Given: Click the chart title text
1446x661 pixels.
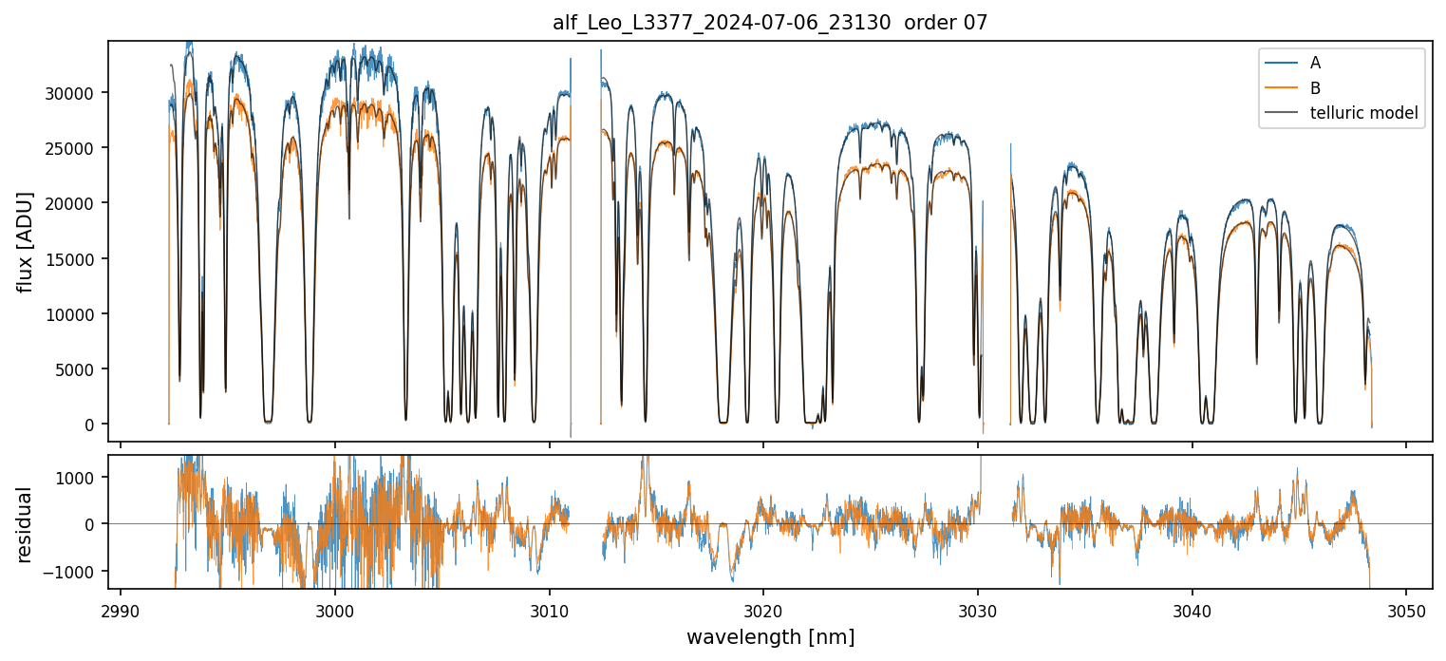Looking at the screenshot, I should (x=770, y=23).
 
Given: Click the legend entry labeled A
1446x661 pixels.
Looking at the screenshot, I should (x=1315, y=63).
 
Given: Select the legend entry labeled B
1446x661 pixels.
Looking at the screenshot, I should (x=1315, y=88).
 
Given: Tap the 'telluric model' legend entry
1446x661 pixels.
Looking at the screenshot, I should (x=1363, y=114).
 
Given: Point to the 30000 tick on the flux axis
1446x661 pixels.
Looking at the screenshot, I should (x=73, y=93).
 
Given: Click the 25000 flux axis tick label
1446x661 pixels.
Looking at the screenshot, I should (x=73, y=148).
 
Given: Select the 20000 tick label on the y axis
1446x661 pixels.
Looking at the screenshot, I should (x=73, y=203).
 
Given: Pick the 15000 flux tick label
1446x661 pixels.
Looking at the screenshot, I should (x=73, y=258).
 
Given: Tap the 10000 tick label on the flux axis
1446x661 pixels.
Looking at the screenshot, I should (x=73, y=314).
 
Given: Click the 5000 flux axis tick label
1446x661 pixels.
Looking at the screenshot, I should (x=77, y=369).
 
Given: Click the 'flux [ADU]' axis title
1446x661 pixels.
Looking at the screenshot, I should (x=26, y=241).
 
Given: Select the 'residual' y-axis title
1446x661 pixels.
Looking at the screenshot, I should (x=26, y=524).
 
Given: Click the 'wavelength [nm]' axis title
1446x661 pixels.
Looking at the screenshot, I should (x=770, y=637).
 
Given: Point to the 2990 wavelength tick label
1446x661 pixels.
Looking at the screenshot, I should (x=121, y=610).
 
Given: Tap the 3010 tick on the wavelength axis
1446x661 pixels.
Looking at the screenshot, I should (x=549, y=610).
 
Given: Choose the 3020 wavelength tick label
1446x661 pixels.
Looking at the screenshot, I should (x=763, y=610).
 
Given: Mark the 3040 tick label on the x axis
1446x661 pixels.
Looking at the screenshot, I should (x=1192, y=610).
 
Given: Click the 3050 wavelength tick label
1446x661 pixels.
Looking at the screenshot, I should (x=1406, y=610).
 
